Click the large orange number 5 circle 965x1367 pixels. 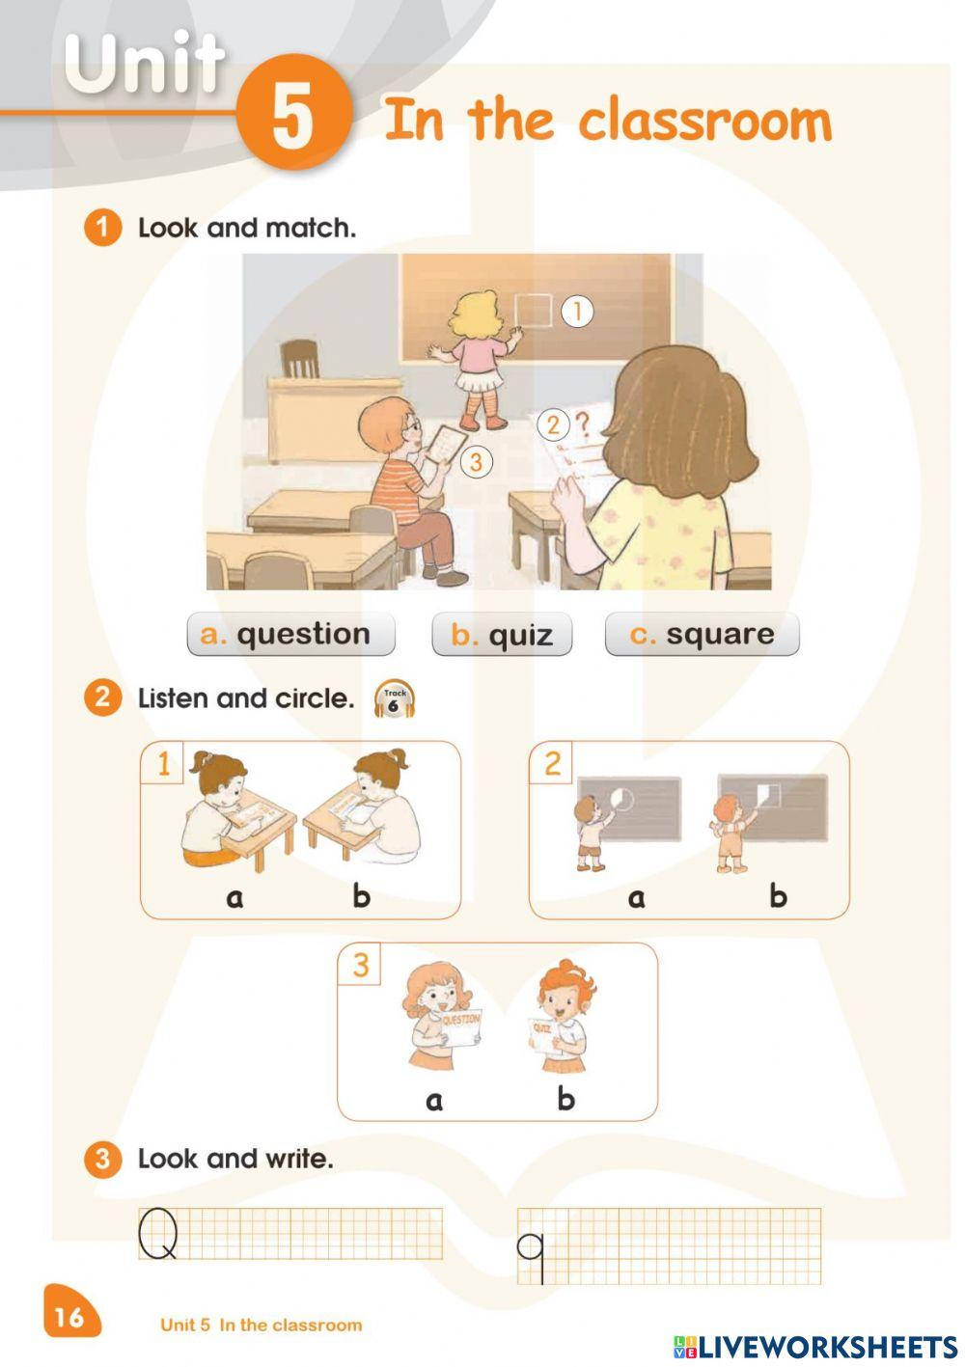294,112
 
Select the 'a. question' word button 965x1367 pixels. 290,634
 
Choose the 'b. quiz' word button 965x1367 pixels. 502,634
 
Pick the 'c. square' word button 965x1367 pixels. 702,634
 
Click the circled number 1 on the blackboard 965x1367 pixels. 576,312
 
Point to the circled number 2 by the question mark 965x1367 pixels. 552,424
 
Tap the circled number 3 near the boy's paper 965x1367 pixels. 476,462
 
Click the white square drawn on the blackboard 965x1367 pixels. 533,311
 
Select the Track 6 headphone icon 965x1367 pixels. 395,699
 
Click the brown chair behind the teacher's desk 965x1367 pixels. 300,359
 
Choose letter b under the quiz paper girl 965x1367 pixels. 565,1100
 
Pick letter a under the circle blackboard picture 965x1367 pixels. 636,898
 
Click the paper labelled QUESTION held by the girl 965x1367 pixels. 460,1030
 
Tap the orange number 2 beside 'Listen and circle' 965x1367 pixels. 102,697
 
